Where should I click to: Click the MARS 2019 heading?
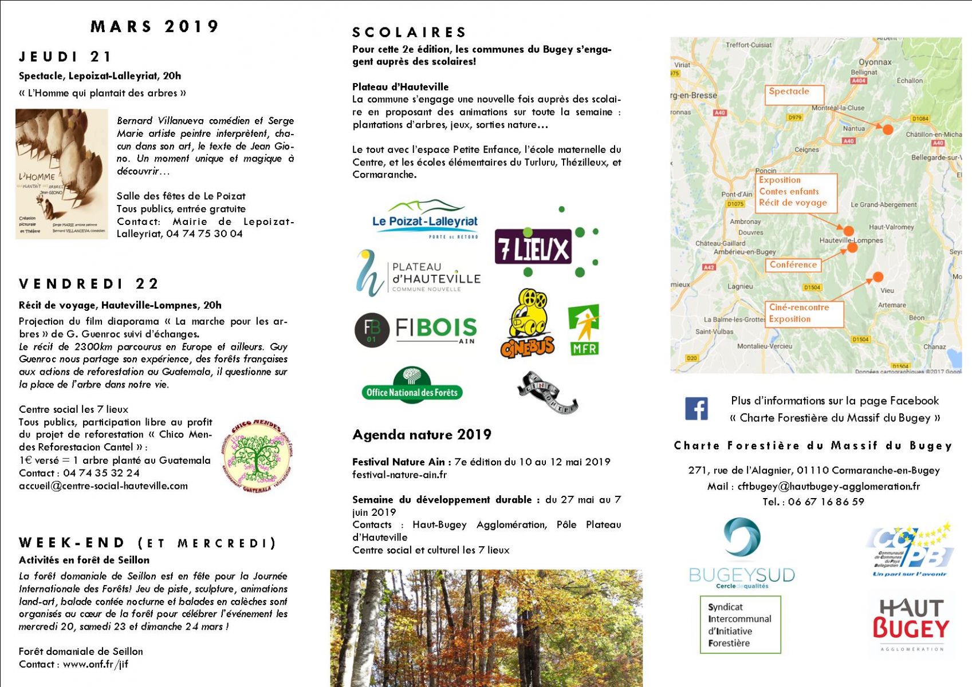[155, 27]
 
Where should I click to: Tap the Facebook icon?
[696, 409]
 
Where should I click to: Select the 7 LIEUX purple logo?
[533, 247]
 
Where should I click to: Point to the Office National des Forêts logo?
[412, 386]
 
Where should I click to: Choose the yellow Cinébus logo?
[528, 324]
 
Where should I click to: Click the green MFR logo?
[584, 330]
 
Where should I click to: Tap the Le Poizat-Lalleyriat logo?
[424, 219]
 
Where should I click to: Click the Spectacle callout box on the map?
[794, 94]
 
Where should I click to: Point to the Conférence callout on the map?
[793, 265]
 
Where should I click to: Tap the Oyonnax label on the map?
[875, 62]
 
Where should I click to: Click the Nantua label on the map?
[853, 129]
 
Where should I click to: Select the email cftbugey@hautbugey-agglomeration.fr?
[828, 487]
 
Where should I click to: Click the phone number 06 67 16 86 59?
[826, 502]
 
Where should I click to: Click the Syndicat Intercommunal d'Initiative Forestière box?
[740, 625]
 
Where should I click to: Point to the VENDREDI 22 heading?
[89, 284]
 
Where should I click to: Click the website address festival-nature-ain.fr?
[399, 475]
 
